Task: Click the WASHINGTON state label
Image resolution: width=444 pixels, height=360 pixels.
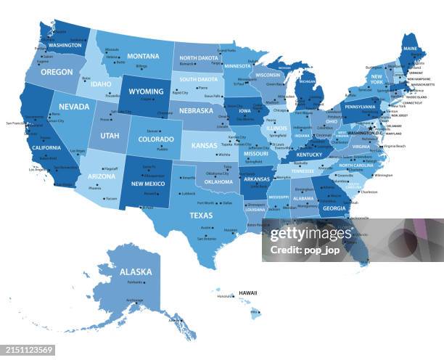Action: [x=65, y=45]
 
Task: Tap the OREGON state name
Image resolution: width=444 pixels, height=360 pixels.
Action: [x=57, y=73]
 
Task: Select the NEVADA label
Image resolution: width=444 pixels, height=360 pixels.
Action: [x=74, y=107]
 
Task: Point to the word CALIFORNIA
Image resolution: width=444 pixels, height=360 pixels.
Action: [x=46, y=147]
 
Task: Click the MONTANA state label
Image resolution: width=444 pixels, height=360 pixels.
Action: [x=143, y=57]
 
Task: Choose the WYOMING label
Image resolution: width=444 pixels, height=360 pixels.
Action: [x=146, y=92]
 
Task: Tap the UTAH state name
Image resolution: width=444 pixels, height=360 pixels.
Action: [x=110, y=136]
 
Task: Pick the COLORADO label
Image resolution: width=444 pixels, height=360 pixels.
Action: [x=156, y=139]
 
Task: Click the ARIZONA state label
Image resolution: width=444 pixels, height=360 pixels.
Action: [x=102, y=176]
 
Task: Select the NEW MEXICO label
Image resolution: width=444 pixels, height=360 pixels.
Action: [x=147, y=184]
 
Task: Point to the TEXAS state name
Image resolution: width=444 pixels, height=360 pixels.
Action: [x=201, y=215]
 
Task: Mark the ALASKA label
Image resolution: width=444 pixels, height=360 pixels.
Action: [x=136, y=272]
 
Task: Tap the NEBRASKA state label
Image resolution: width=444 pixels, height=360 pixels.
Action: [x=197, y=111]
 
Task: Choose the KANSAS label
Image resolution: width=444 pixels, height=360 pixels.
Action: [x=204, y=145]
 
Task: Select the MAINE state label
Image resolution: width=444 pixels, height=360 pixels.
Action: [x=411, y=49]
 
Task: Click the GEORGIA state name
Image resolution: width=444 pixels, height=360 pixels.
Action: [x=334, y=208]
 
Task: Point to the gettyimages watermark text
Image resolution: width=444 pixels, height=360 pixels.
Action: [x=311, y=234]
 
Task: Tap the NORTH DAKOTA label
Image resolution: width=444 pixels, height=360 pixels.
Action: [x=199, y=57]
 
